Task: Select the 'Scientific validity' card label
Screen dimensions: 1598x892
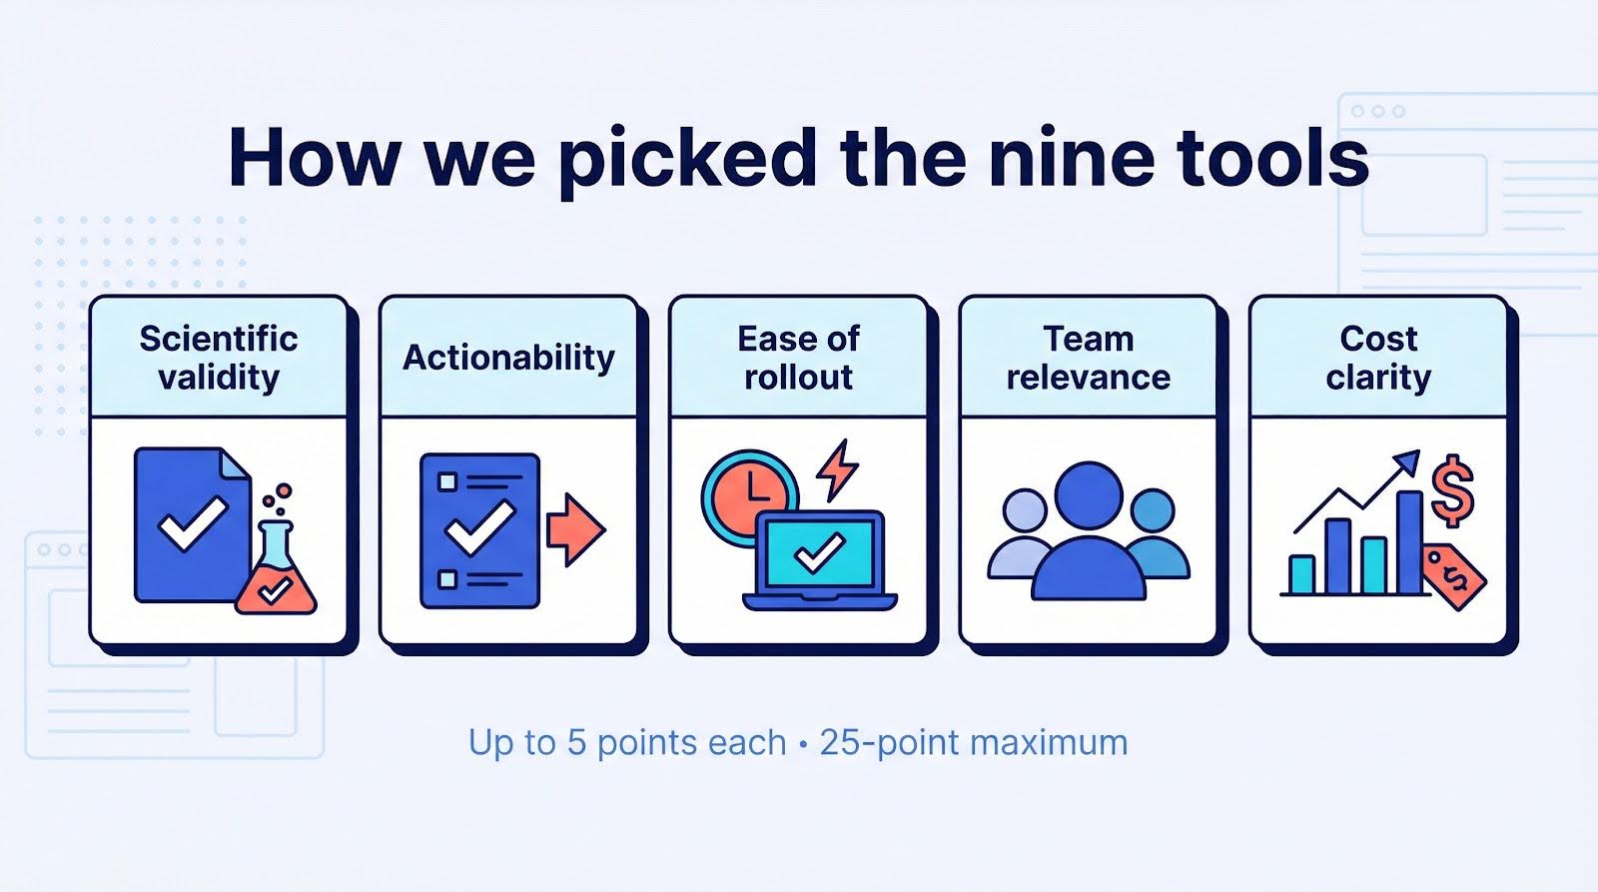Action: (x=219, y=358)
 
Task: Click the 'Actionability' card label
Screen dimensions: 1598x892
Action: (x=508, y=358)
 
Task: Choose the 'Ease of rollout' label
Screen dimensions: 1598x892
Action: (x=798, y=358)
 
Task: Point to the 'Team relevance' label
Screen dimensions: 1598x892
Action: (x=1089, y=358)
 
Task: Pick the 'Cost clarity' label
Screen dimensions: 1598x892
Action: (x=1378, y=358)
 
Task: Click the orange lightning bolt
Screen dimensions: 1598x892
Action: (x=838, y=470)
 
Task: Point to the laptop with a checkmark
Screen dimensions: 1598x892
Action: (x=820, y=560)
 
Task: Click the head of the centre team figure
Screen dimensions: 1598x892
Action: (x=1089, y=496)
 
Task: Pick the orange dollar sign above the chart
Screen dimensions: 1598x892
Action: (x=1453, y=490)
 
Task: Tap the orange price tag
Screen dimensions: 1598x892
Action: (x=1453, y=575)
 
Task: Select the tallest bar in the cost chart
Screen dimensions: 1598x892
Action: (x=1409, y=542)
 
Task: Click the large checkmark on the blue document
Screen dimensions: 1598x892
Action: (x=193, y=523)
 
